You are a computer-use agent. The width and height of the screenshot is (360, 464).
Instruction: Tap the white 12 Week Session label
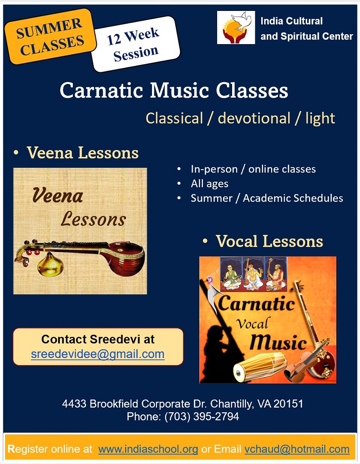tap(135, 44)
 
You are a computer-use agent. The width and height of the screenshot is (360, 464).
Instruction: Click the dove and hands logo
tap(236, 27)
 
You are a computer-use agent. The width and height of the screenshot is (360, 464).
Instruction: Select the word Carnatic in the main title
tap(101, 90)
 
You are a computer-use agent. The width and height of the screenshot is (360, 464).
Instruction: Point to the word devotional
tap(254, 118)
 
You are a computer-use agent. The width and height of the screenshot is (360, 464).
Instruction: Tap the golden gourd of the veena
tap(50, 264)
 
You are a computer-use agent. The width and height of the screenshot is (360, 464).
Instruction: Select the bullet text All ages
tap(210, 184)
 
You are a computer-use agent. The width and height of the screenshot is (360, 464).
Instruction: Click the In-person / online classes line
tap(253, 169)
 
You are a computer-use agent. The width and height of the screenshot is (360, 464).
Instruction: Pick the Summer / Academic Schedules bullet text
tap(267, 198)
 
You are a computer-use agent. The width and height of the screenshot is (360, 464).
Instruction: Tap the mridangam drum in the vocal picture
tap(259, 367)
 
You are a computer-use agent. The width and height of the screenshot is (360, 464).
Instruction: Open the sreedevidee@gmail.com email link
tap(98, 354)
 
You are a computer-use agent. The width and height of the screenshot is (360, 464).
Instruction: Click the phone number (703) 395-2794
tap(202, 416)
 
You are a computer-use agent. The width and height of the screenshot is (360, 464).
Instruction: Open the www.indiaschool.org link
tap(148, 449)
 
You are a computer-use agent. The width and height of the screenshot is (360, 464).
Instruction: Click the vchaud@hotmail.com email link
tap(297, 449)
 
